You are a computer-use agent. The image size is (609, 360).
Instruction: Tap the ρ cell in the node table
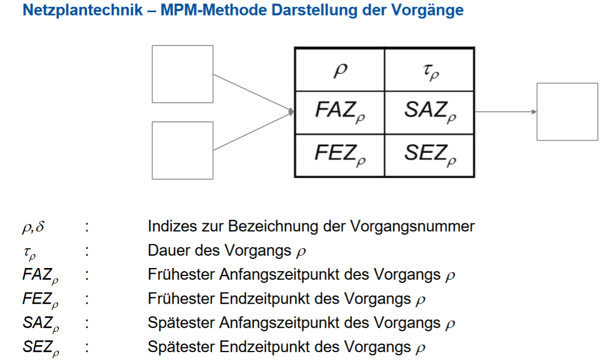click(x=340, y=70)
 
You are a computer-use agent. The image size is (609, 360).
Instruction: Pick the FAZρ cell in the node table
click(x=340, y=112)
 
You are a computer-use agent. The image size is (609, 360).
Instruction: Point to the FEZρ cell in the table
click(x=340, y=155)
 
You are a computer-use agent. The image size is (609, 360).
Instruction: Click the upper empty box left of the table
click(x=182, y=74)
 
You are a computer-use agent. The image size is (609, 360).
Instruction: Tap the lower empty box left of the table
click(x=182, y=150)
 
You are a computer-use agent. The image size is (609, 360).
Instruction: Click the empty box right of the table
click(x=567, y=112)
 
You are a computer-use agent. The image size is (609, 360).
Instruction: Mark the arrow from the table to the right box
click(x=505, y=112)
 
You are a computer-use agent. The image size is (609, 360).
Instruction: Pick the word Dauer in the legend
click(x=166, y=250)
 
